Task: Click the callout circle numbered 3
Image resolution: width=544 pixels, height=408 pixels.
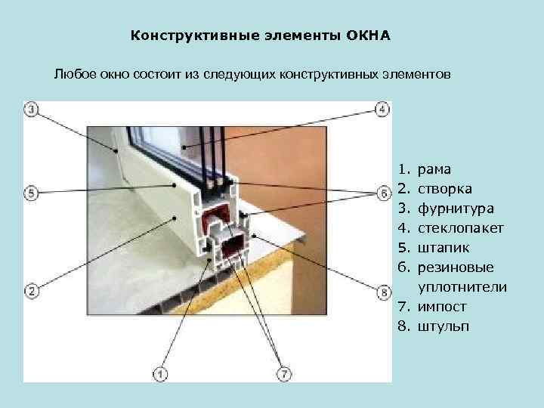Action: click(32, 110)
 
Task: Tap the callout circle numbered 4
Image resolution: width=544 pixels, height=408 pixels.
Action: click(382, 110)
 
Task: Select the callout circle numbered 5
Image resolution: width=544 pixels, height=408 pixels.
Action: click(32, 193)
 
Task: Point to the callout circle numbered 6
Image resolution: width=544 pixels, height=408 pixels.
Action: click(382, 193)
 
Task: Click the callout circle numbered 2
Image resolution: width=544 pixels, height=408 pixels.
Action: click(32, 290)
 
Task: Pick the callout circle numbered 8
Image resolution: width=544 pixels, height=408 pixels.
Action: click(382, 290)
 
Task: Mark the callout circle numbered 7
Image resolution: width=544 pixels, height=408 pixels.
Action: click(284, 372)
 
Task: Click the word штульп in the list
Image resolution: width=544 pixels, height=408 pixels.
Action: click(443, 326)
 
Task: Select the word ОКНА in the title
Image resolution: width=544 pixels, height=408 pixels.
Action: click(369, 35)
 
